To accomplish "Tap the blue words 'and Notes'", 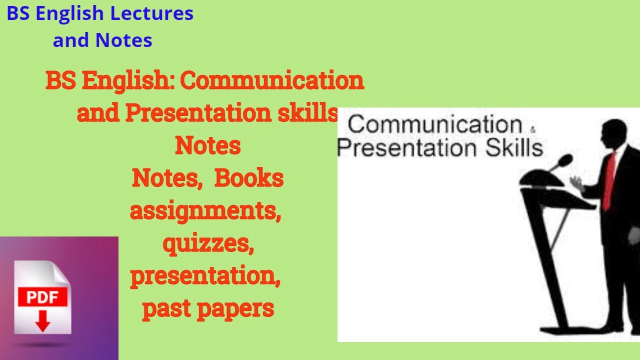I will click(102, 40).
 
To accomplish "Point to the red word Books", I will click(249, 178).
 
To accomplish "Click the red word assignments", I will click(205, 211).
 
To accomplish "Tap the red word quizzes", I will click(207, 244).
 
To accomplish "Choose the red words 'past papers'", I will click(208, 309).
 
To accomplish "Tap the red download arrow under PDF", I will click(42, 320).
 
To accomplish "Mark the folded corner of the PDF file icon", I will click(60, 272).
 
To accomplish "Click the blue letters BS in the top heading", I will click(18, 14).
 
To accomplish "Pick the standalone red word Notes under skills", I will click(207, 146).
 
